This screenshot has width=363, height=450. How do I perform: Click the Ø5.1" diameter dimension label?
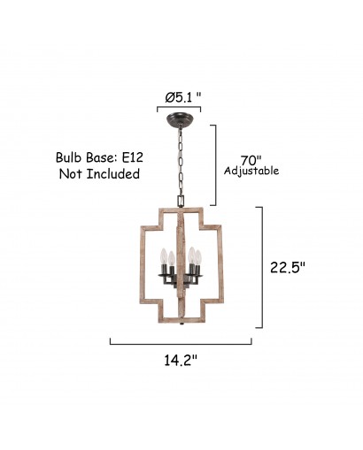click(183, 97)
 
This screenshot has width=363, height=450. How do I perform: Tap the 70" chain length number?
click(251, 161)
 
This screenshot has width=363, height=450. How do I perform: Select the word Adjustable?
click(251, 171)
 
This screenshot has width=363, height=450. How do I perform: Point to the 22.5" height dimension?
click(287, 268)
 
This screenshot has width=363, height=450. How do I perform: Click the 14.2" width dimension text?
click(181, 360)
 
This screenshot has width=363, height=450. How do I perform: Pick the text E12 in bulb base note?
click(133, 157)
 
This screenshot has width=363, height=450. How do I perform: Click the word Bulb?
click(69, 157)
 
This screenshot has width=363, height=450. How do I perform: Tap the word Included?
click(113, 174)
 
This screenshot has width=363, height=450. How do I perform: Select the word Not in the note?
click(71, 174)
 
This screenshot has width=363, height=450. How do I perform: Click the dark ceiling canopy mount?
click(179, 120)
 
